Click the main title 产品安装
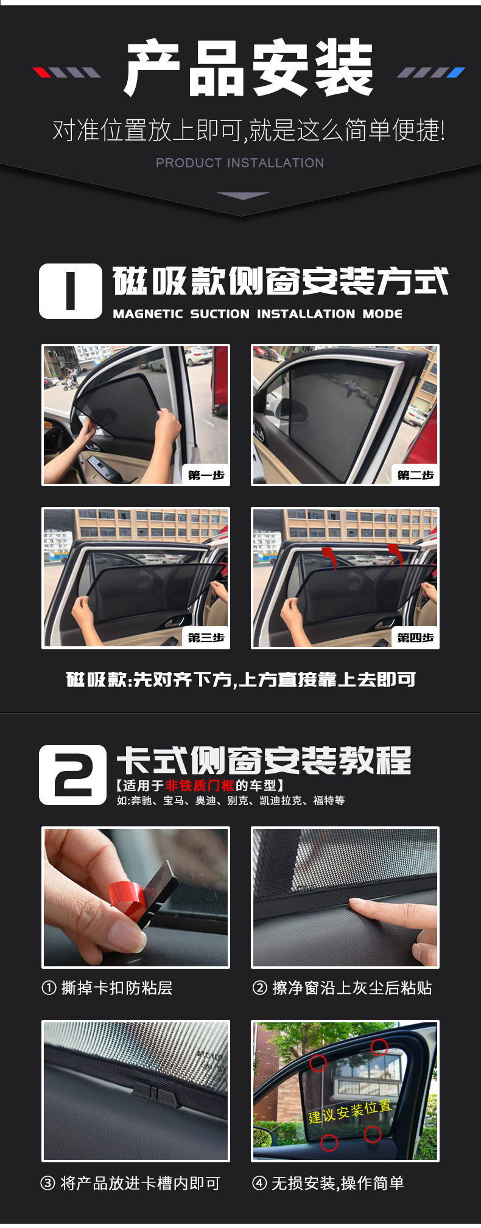(248, 68)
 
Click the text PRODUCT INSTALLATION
(240, 163)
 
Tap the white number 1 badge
(71, 291)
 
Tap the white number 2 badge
(72, 775)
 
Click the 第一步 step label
(206, 475)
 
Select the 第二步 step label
(415, 475)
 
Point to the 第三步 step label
(206, 637)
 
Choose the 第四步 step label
(415, 637)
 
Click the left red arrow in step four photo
(329, 557)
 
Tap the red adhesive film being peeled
(128, 896)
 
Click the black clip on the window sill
(155, 1092)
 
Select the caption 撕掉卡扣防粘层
(108, 987)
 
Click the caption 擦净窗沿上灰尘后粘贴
(342, 987)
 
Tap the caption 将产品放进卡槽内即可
(130, 1182)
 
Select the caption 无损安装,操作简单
(328, 1182)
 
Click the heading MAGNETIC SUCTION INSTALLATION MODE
(258, 314)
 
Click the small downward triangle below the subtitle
(242, 195)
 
